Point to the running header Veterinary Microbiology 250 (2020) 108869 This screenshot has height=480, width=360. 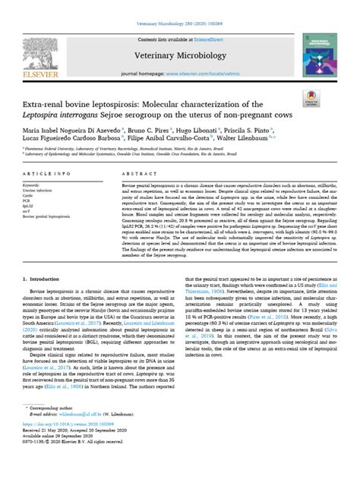coord(179,9)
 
